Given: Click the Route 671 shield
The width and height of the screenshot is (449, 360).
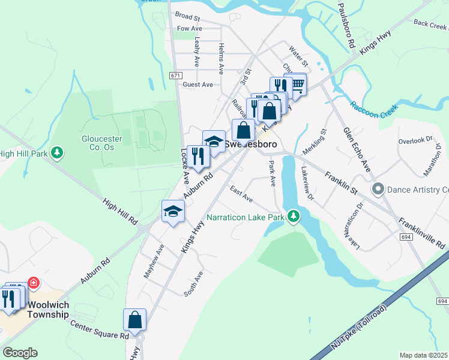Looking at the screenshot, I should (175, 76).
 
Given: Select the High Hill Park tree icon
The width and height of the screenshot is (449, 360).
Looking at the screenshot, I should (57, 153).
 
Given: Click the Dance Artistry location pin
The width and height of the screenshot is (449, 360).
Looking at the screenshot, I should (378, 190).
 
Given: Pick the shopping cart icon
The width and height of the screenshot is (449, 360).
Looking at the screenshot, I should (297, 83).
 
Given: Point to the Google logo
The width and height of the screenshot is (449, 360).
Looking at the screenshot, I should (20, 353).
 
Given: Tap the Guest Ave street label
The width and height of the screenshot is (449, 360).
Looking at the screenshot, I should (198, 85).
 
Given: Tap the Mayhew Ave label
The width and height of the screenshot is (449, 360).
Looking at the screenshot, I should (152, 260).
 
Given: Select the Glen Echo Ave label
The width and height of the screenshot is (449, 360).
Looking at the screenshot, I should (355, 148).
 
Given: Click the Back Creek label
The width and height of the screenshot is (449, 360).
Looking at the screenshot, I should (430, 23).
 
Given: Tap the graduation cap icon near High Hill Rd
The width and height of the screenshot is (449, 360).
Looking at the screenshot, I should (173, 211).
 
